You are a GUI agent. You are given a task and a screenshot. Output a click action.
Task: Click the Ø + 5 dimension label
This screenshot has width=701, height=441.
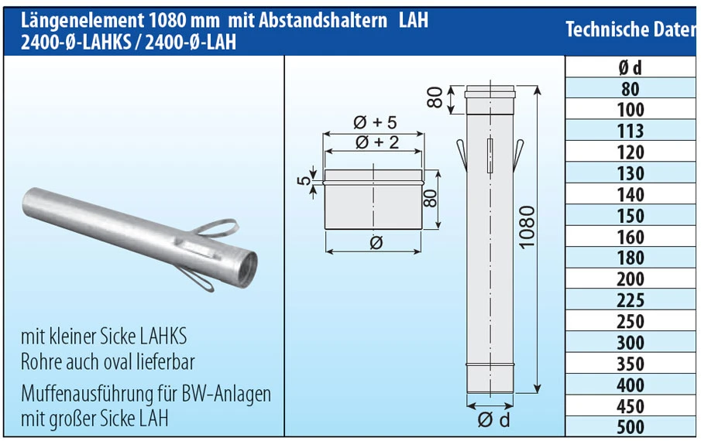(375, 122)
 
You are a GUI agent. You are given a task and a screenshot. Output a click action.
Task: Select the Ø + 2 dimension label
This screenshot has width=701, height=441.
(375, 142)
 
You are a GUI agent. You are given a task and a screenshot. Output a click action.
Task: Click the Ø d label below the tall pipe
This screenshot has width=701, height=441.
(493, 421)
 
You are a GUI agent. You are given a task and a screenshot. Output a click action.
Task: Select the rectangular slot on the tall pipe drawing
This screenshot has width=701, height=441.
(490, 156)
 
